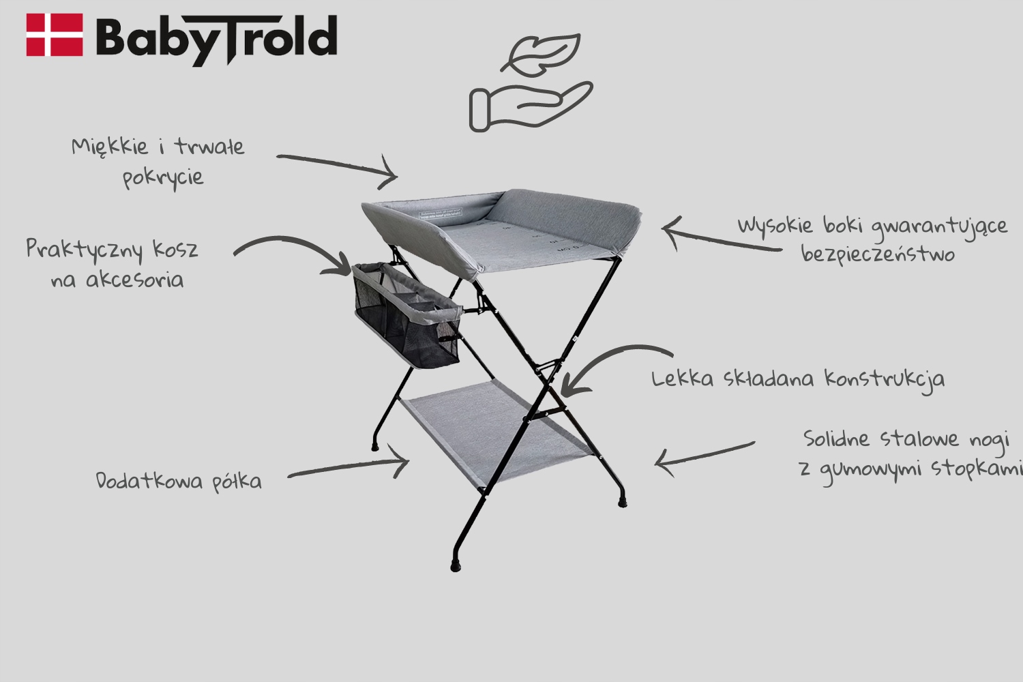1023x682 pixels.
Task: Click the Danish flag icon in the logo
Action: coord(55,35)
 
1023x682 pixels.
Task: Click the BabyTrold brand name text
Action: coord(216,40)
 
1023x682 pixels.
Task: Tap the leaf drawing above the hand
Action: coord(541,53)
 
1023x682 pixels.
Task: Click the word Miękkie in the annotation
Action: coord(110,147)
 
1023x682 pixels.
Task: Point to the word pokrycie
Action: coord(163,178)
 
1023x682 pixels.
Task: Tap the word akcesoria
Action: coord(135,280)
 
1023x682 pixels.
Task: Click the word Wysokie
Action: coord(775,226)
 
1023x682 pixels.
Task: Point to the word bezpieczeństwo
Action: coord(878,254)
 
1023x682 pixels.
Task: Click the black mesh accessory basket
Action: coord(406,315)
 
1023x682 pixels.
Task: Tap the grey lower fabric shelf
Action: coord(496,432)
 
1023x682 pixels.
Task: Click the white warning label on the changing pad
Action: coord(441,213)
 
